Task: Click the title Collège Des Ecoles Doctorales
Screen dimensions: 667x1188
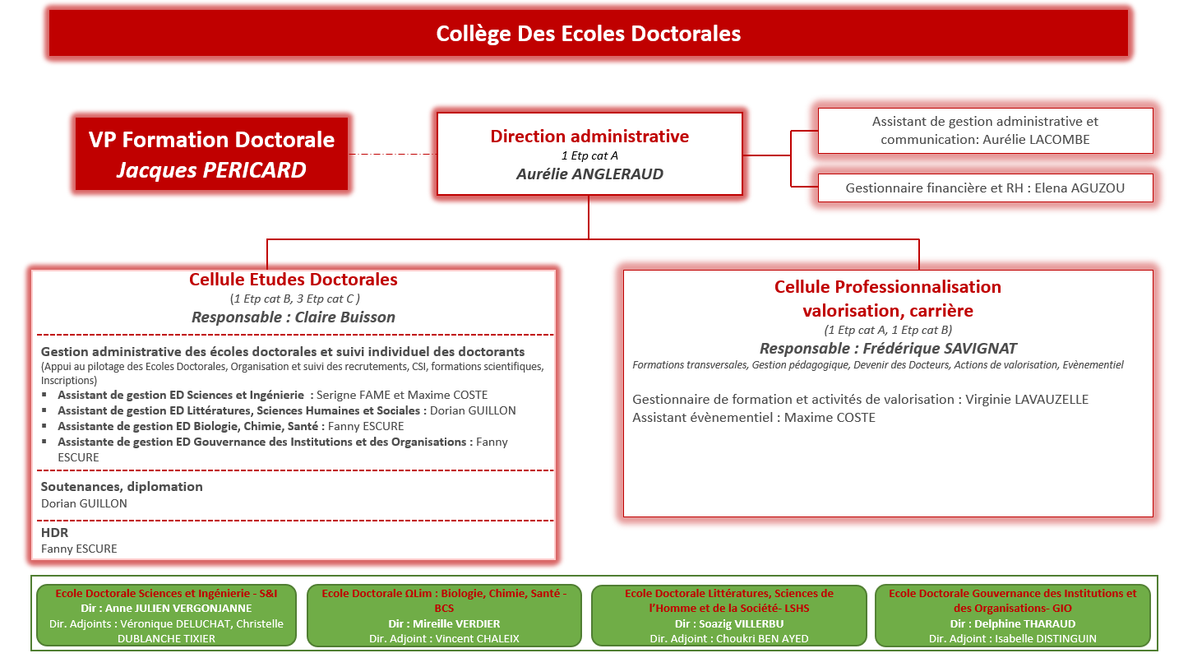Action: tap(588, 34)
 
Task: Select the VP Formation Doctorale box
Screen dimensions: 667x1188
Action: tap(211, 154)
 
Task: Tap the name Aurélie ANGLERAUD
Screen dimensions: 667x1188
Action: tap(589, 174)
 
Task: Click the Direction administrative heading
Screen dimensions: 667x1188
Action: tap(589, 136)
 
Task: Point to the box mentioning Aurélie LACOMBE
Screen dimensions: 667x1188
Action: tap(985, 131)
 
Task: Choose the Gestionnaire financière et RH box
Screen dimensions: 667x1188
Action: tap(985, 188)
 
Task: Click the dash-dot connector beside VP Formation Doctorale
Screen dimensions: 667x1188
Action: tap(392, 154)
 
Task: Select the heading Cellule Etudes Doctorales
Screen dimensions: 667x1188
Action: tap(294, 280)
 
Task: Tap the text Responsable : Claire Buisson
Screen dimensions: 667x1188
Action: tap(294, 317)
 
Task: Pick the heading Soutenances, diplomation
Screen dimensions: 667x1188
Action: tap(122, 486)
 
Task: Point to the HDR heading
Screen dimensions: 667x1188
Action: tap(54, 533)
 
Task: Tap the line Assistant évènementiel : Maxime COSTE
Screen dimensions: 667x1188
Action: tap(753, 418)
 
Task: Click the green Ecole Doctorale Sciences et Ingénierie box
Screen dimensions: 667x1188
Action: tap(166, 615)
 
